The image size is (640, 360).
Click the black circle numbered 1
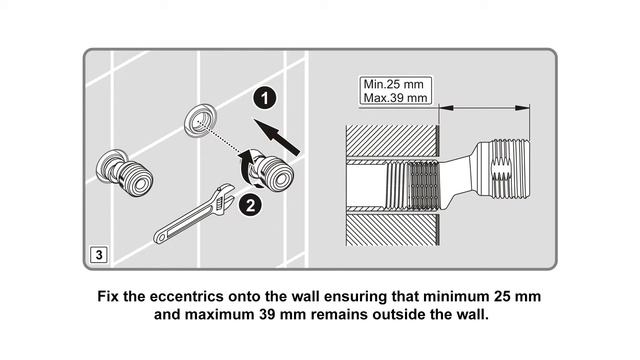coord(265,98)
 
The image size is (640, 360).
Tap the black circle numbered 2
coord(250,205)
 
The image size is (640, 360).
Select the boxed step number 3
coord(99,255)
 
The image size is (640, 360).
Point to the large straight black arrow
coord(277,137)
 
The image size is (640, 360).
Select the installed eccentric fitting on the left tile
coord(124,173)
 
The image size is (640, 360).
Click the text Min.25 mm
coord(393,84)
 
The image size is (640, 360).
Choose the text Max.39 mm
coord(396,98)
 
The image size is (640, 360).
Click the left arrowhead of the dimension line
coord(446,108)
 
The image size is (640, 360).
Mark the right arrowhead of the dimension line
coord(522,108)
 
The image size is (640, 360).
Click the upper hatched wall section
coord(392,141)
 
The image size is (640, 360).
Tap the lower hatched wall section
coord(392,229)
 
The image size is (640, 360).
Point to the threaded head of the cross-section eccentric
coord(504,169)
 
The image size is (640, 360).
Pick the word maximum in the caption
coord(220,315)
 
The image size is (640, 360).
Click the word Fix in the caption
coord(108,296)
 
